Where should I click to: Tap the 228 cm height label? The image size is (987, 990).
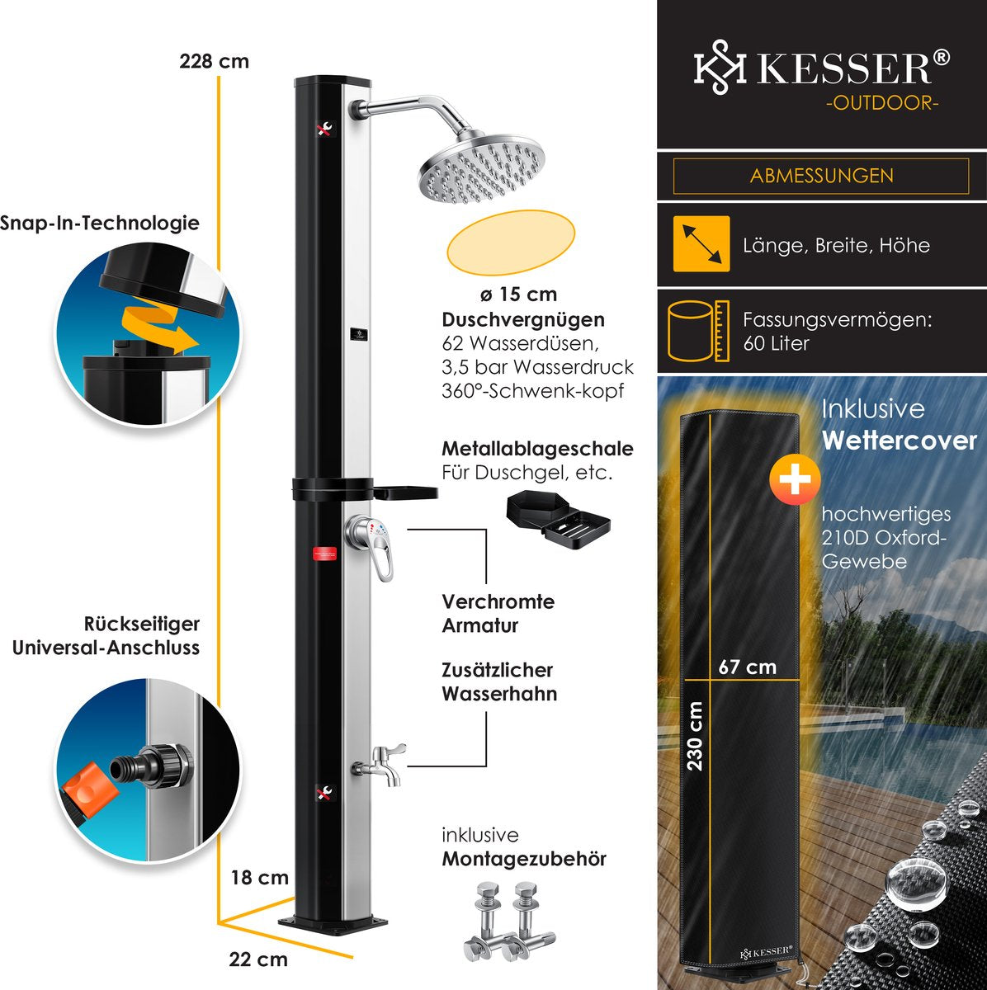pyautogui.click(x=214, y=61)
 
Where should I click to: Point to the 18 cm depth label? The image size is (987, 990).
pyautogui.click(x=259, y=877)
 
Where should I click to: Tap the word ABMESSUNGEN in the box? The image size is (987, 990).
pyautogui.click(x=821, y=176)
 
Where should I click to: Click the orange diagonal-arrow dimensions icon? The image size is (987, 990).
pyautogui.click(x=701, y=243)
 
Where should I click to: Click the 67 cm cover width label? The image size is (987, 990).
pyautogui.click(x=747, y=667)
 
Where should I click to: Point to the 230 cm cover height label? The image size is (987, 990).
pyautogui.click(x=695, y=736)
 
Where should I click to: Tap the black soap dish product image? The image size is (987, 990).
pyautogui.click(x=558, y=517)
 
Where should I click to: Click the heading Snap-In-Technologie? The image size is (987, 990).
pyautogui.click(x=99, y=223)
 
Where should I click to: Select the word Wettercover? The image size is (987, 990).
pyautogui.click(x=899, y=441)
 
